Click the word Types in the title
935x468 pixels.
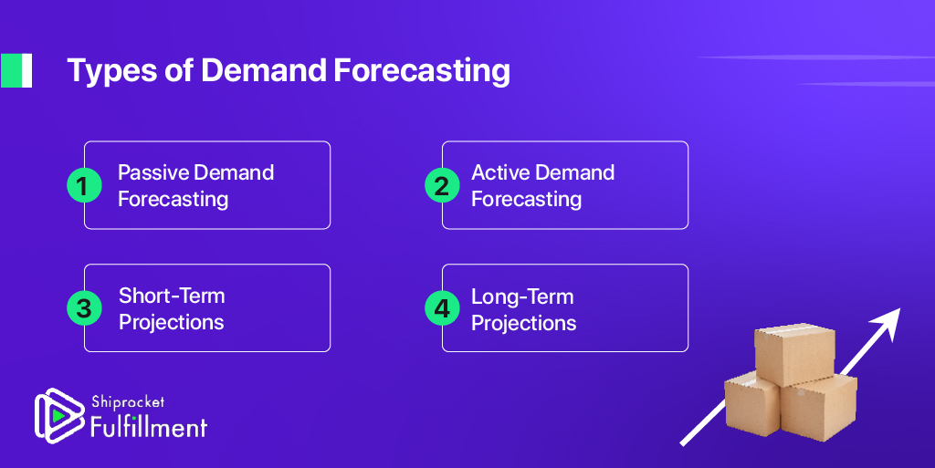point(111,71)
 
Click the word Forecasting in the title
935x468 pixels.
point(422,71)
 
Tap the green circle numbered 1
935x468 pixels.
point(84,185)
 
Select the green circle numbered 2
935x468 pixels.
point(442,185)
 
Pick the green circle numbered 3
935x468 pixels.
point(84,307)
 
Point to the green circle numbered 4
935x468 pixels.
point(442,307)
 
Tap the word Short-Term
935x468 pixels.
point(172,296)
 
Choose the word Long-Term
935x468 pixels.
point(522,296)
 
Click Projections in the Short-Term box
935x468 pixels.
point(171,322)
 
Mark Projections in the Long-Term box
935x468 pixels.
point(523,323)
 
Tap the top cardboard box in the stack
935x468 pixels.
point(794,354)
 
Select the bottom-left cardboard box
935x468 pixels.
point(752,404)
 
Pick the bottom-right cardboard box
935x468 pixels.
point(819,408)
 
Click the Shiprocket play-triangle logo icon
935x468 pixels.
point(58,416)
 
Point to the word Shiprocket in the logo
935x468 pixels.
point(128,402)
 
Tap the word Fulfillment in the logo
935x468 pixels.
point(149,426)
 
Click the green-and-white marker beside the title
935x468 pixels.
point(16,70)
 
